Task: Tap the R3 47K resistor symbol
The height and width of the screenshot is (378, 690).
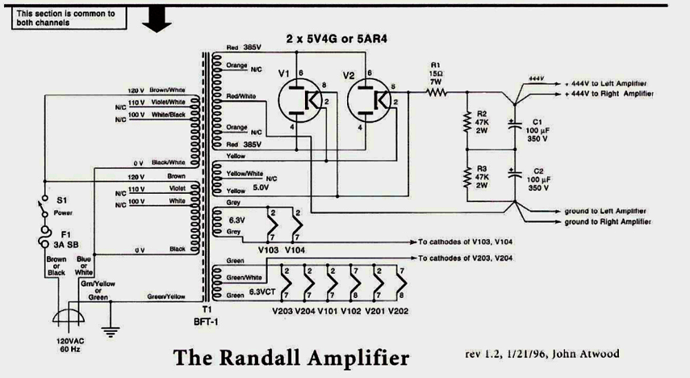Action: click(x=468, y=177)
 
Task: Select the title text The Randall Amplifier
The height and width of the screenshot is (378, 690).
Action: click(x=290, y=358)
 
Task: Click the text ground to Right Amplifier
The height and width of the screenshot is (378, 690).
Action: click(x=607, y=221)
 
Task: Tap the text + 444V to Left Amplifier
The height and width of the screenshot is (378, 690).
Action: click(x=607, y=81)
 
